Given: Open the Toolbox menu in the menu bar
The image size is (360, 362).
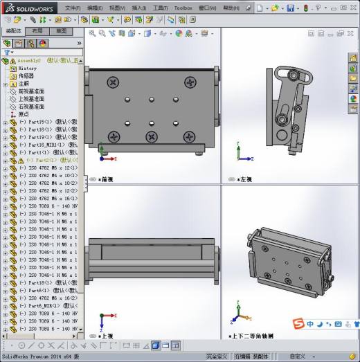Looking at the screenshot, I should pos(183,8).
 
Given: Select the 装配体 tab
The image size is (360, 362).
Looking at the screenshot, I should pos(13,31).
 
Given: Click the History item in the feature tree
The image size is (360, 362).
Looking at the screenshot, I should pos(28,69).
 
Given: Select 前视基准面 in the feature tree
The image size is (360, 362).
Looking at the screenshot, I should pos(30,91).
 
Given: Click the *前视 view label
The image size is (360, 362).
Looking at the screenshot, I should pos(106,179).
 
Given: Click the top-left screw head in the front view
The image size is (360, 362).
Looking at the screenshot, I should pos(113,82).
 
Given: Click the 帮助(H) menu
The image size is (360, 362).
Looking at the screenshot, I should pos(233,8).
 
